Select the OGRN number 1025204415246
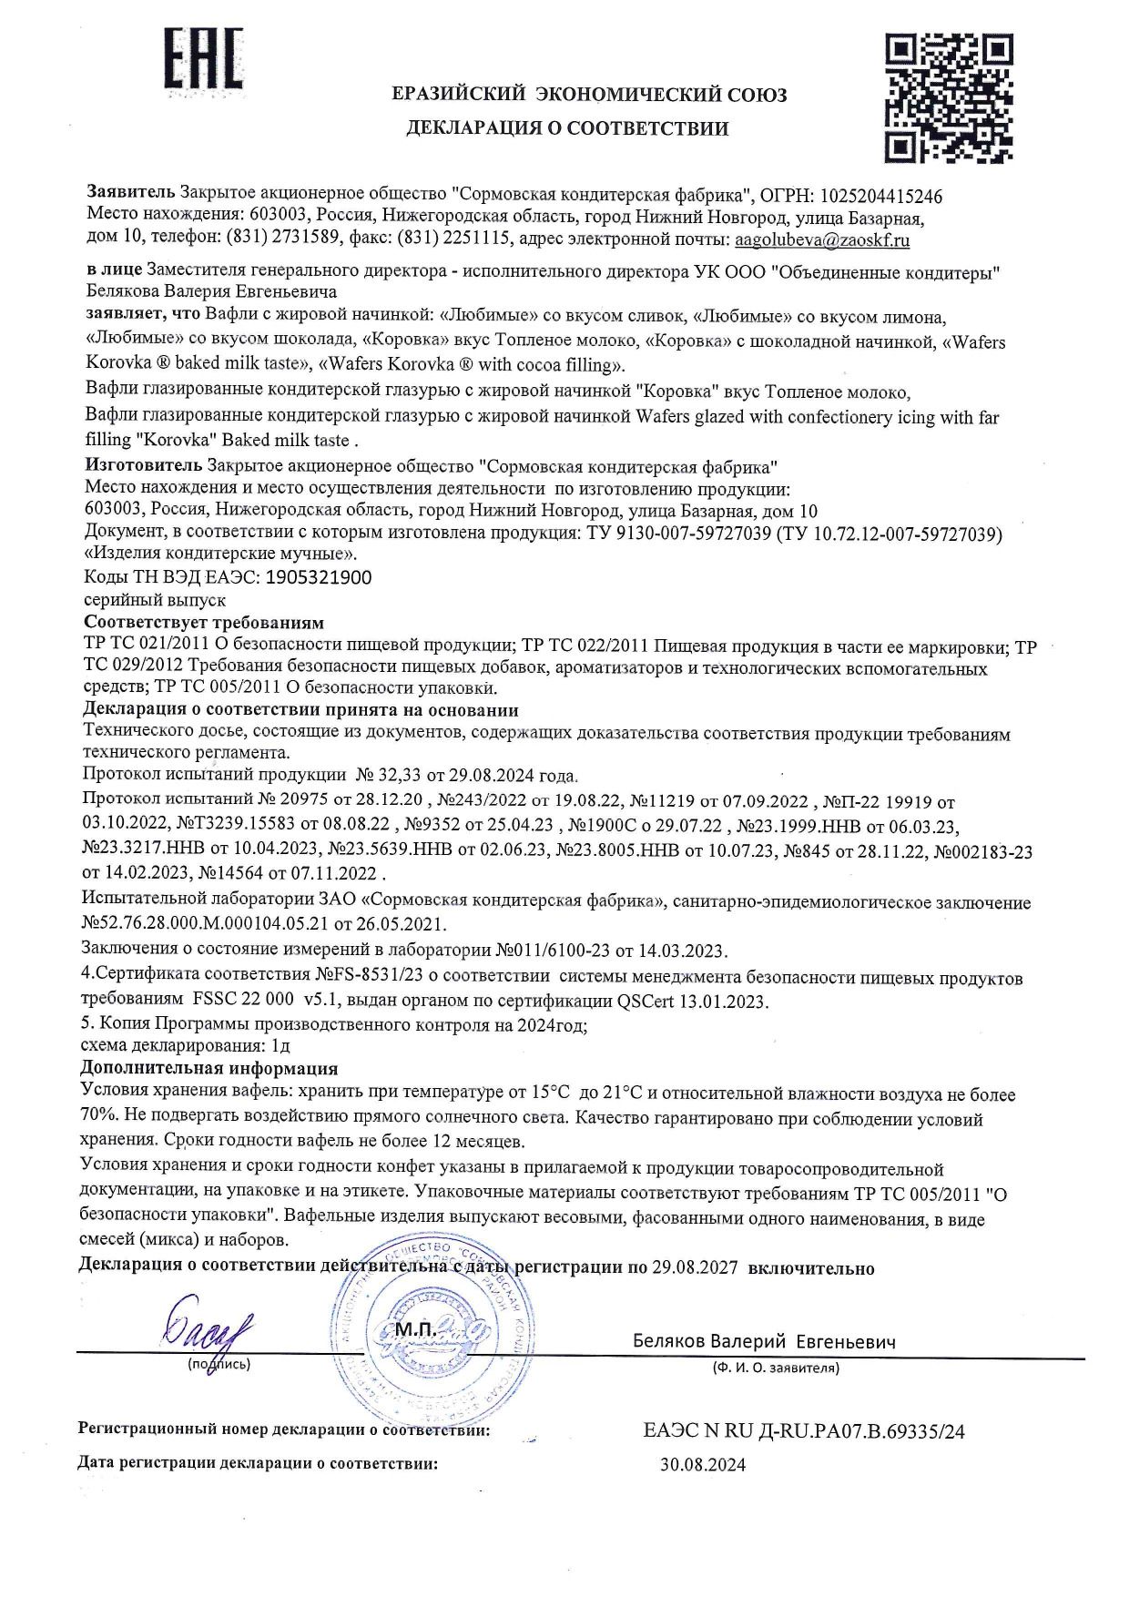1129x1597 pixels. click(x=881, y=196)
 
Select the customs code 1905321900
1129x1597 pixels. click(x=318, y=577)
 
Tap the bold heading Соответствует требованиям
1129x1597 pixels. click(x=203, y=624)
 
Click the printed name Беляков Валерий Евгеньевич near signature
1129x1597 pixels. click(x=764, y=1342)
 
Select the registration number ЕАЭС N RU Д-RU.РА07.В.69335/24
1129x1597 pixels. click(x=803, y=1432)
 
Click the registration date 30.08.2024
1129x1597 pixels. click(x=702, y=1465)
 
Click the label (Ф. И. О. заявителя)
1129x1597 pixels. click(x=775, y=1368)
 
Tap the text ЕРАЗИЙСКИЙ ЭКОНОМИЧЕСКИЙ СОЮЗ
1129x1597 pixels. click(x=589, y=95)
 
